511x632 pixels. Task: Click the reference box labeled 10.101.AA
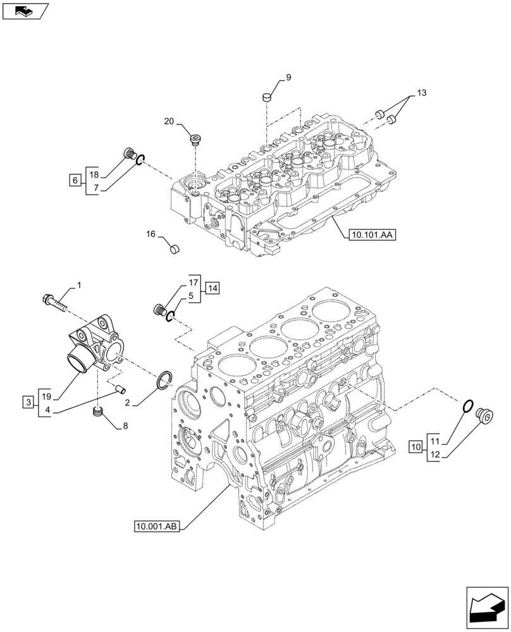[371, 235]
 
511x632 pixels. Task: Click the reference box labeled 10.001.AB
[157, 526]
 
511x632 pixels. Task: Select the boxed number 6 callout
[75, 181]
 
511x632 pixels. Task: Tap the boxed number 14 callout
[211, 288]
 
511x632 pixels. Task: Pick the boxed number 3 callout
[28, 402]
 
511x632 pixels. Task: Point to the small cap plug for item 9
[267, 97]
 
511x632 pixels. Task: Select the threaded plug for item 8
[97, 413]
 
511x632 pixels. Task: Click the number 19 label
[46, 396]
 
